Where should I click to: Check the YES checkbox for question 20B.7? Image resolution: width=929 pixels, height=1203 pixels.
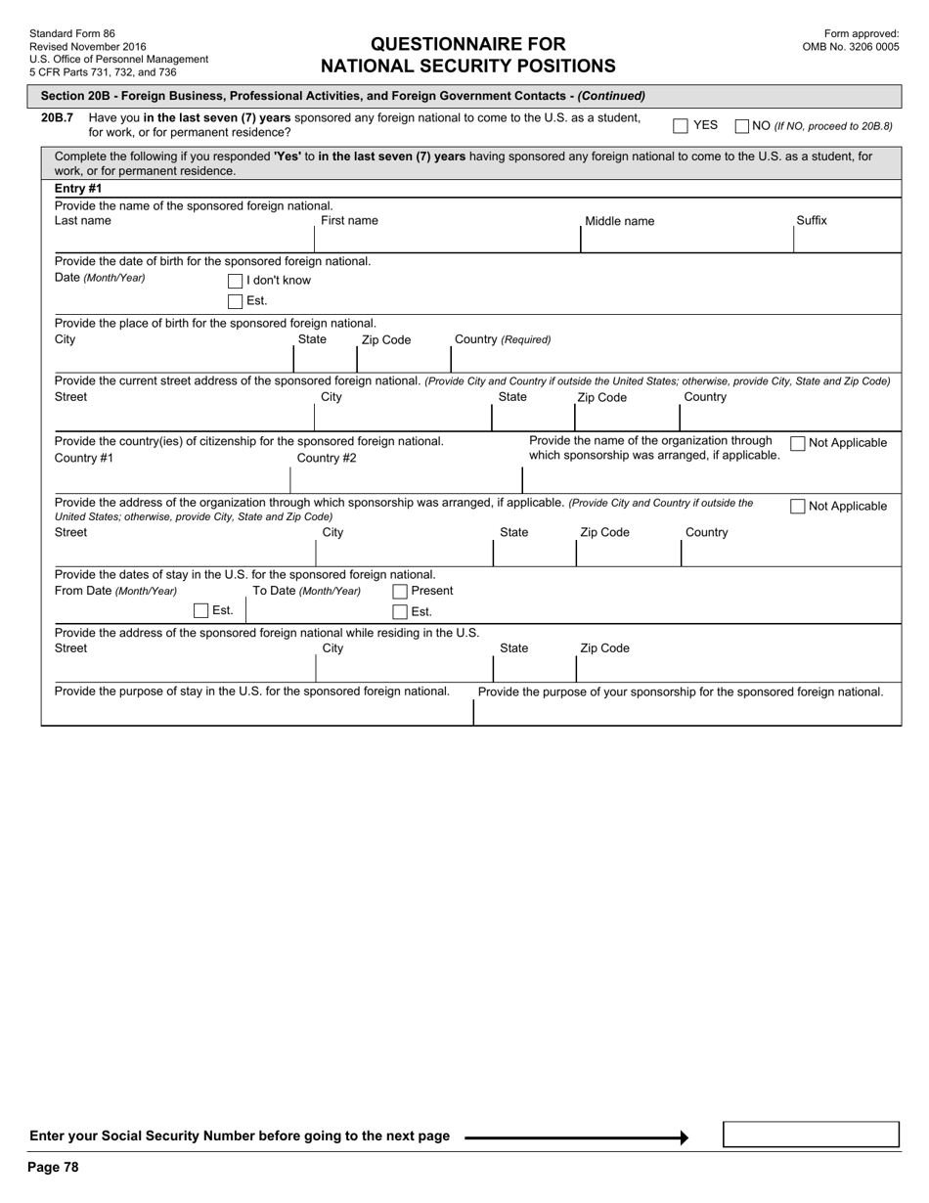coord(681,126)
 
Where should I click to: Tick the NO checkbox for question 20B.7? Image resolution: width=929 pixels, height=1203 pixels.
coord(742,126)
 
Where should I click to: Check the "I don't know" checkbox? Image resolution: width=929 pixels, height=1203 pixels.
coord(235,282)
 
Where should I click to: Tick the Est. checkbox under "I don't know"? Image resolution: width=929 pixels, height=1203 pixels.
coord(235,301)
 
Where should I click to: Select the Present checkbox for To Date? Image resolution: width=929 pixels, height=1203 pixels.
coord(400,592)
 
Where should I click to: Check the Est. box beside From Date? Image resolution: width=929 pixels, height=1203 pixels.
coord(201,611)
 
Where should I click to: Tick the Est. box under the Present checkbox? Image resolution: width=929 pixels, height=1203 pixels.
coord(400,612)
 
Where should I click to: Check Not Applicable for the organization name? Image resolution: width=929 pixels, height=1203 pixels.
coord(798,444)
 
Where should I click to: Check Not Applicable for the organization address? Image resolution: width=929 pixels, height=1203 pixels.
coord(798,507)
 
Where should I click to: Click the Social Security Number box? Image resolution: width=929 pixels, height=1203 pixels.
coord(811,1135)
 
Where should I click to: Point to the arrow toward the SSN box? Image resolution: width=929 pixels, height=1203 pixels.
coord(577,1137)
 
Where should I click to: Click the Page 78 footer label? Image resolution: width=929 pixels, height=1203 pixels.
coord(53,1167)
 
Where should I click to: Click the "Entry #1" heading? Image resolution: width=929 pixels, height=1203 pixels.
coord(78,189)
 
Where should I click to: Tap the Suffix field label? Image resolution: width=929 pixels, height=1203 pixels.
coord(812,221)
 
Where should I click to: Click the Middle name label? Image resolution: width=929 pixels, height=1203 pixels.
coord(620,222)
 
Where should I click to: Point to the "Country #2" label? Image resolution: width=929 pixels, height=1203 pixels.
coord(327,459)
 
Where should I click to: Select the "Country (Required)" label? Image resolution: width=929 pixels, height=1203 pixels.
coord(503,340)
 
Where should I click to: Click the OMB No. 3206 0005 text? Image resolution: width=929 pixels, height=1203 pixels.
coord(851,46)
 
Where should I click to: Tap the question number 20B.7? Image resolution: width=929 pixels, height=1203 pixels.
coord(58,118)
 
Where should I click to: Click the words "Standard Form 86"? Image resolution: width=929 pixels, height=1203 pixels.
coord(72,34)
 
